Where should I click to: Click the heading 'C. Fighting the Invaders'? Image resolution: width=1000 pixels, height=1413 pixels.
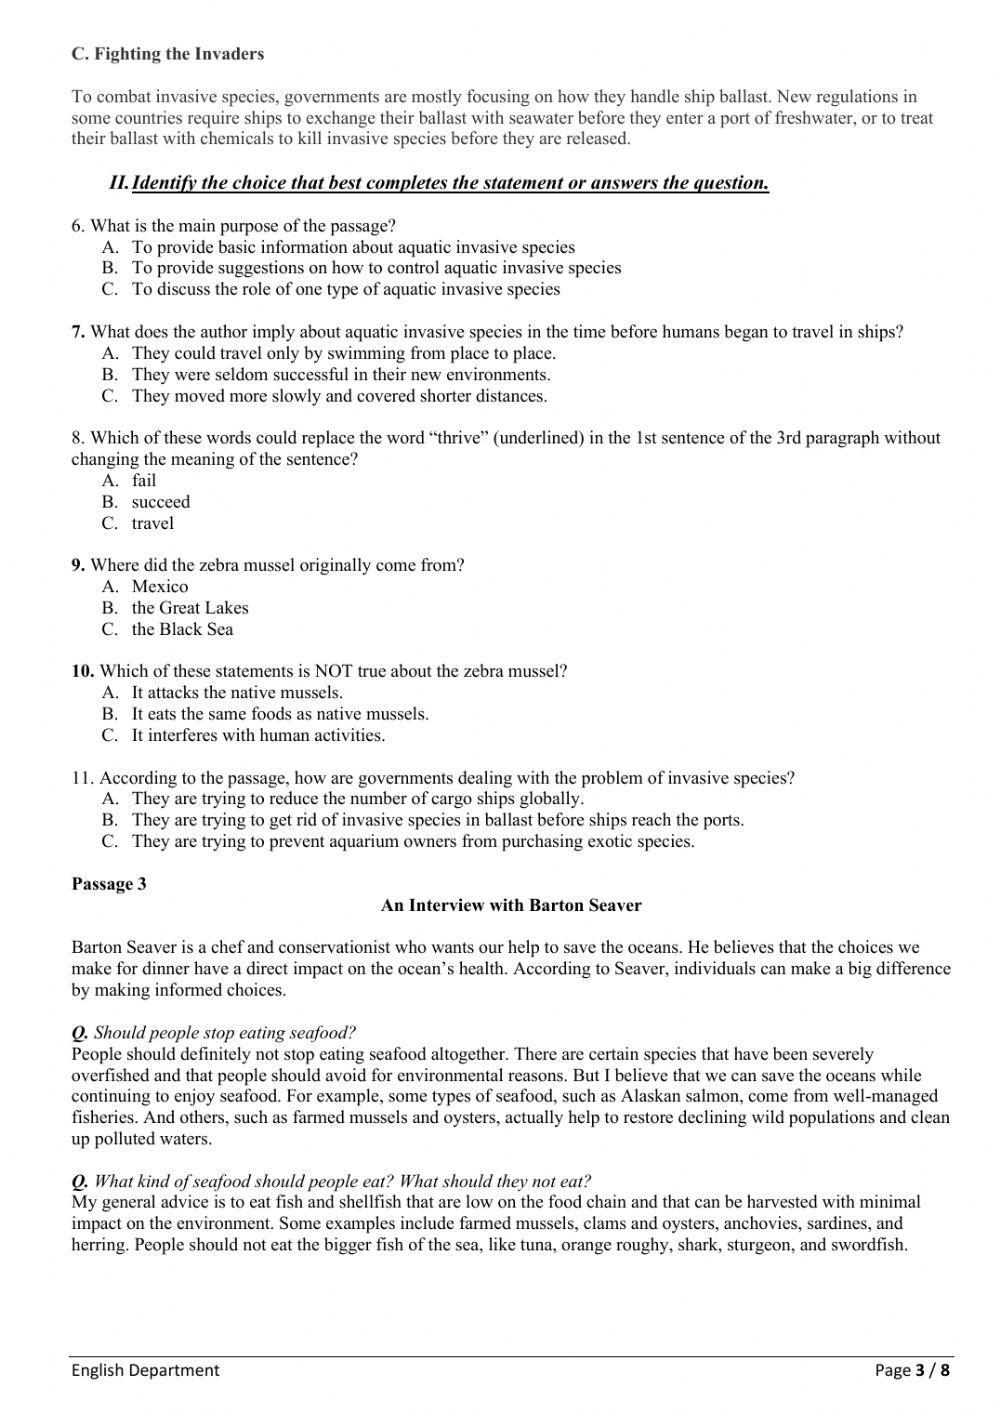pos(167,54)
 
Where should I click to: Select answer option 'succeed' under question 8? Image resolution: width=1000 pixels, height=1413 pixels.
pos(160,502)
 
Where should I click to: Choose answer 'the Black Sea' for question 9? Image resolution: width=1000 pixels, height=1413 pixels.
pos(182,629)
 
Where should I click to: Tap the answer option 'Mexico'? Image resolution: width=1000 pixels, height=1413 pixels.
pos(159,586)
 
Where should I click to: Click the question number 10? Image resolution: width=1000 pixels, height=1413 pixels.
pos(82,671)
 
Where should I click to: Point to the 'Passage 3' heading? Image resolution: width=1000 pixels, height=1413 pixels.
pos(109,884)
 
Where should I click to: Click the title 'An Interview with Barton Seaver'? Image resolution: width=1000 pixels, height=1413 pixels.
pos(511,905)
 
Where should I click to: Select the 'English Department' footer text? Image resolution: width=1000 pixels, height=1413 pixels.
pos(145,1370)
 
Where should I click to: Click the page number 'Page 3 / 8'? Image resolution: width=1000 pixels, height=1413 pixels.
pos(911,1370)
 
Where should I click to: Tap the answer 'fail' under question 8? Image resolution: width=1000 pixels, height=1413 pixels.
pos(144,481)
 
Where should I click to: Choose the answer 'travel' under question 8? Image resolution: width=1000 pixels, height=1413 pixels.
pos(152,523)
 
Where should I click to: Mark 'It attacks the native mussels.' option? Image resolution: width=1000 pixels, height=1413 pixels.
pos(237,692)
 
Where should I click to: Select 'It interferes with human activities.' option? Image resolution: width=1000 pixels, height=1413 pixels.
pos(258,735)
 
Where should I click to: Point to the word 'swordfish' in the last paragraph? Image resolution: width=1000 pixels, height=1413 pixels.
pos(871,1245)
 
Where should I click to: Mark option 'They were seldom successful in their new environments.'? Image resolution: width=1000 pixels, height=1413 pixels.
pos(341,375)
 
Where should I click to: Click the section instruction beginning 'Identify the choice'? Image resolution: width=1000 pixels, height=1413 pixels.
pos(450,183)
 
